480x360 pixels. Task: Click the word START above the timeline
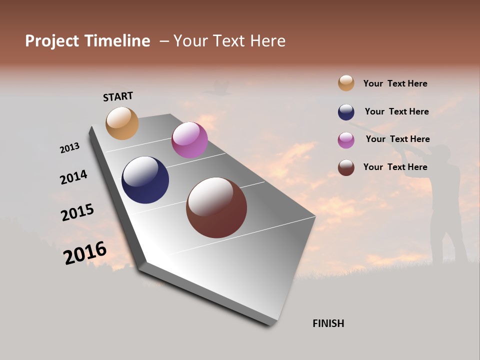tap(118, 96)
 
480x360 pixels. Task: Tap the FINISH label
tap(328, 323)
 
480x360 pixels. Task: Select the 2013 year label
tap(69, 147)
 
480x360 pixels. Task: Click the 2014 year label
tap(73, 177)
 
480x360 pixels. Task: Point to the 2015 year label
tap(77, 212)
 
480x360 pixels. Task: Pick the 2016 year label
tap(85, 253)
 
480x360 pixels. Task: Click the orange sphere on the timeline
tap(122, 123)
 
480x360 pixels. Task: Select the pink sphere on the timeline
tap(189, 140)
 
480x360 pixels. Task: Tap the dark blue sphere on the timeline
tap(145, 180)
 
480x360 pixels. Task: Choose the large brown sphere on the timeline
tap(216, 207)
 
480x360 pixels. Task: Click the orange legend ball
tap(346, 83)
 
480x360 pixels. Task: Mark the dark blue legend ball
tap(346, 112)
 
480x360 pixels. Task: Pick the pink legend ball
tap(346, 140)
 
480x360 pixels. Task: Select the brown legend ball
tap(346, 167)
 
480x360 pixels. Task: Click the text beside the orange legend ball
tap(395, 83)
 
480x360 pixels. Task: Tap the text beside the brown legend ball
tap(395, 167)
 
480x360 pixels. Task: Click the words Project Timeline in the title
tap(87, 41)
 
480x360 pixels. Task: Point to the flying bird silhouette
tap(216, 89)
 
